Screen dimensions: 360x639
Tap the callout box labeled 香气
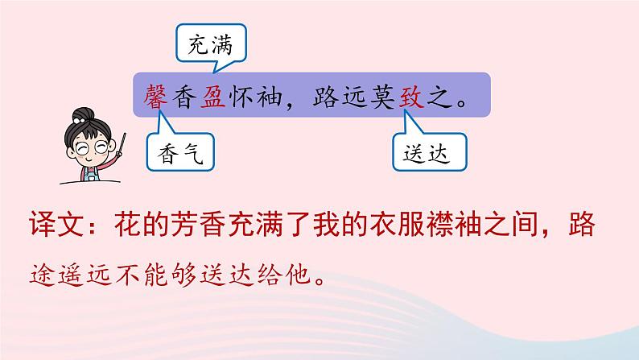(180, 151)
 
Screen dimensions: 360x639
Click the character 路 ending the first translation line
(579, 228)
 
